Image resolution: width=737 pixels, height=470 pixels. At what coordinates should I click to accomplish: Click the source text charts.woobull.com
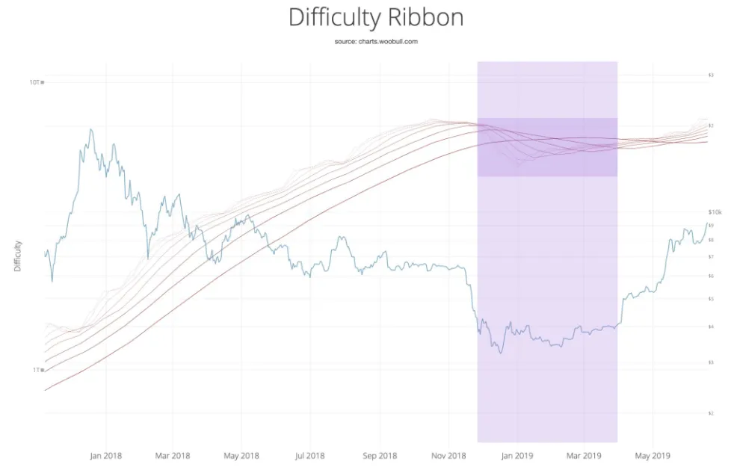375,42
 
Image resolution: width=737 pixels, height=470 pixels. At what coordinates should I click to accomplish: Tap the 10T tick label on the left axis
34,81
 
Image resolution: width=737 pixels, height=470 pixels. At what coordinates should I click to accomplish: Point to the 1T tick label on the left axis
36,370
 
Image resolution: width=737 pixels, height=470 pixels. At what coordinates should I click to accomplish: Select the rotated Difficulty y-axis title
18,256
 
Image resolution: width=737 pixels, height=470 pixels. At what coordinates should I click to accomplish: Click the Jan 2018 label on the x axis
105,455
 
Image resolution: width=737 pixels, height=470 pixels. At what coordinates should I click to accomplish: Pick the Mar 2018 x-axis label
172,455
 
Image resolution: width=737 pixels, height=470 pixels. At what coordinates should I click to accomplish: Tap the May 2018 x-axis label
241,455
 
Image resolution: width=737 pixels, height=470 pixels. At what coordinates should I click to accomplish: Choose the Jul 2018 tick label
310,455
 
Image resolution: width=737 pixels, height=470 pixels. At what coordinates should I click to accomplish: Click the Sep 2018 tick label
380,455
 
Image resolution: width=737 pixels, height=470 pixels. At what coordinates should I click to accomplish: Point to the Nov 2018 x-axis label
449,455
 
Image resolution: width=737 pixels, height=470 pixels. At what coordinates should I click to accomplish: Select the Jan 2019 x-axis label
517,455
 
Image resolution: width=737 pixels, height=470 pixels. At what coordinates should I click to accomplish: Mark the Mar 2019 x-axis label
584,455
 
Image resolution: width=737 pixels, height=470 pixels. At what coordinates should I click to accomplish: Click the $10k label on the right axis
715,212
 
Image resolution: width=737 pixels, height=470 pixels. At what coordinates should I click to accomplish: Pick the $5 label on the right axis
711,299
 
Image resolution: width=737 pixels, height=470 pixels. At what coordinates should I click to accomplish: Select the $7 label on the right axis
711,256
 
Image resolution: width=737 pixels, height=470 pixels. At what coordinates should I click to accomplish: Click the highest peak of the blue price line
91,129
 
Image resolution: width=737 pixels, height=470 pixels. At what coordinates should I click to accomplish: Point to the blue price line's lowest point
501,352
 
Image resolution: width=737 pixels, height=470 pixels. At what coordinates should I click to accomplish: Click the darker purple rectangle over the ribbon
547,147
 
